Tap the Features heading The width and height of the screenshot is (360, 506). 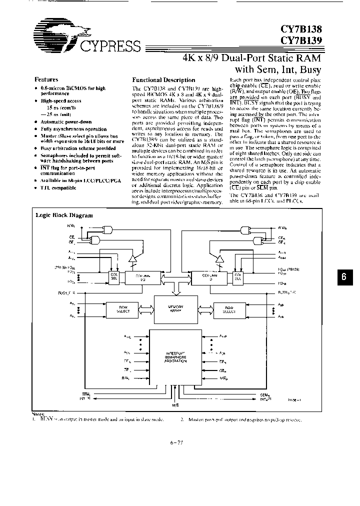[x=46, y=79]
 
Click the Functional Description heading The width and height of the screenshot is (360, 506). [x=163, y=80]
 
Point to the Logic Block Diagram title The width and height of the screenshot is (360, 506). [x=63, y=215]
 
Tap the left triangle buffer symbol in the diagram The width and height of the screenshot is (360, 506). [x=132, y=259]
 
